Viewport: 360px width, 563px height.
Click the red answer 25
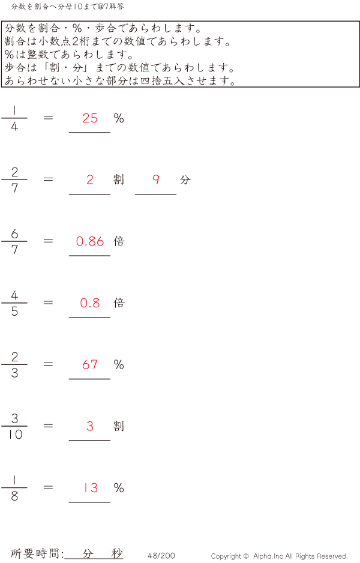pos(90,118)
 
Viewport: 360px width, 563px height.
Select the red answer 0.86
pos(90,241)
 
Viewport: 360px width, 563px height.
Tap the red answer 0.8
pos(90,303)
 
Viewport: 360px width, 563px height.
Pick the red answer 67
pos(90,364)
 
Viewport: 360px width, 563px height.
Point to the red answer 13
pos(91,487)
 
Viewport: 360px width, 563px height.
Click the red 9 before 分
pos(156,179)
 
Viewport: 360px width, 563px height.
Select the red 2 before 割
pos(90,179)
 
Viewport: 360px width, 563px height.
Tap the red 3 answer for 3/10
pos(90,426)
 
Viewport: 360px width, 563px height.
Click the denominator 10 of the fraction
pos(15,435)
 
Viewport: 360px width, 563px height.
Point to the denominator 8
pos(14,496)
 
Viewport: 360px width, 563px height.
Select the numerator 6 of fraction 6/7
pos(14,233)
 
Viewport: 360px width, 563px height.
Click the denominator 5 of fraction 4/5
pos(14,312)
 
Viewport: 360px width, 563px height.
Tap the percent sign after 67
pos(119,365)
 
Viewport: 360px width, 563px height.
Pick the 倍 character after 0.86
pos(119,241)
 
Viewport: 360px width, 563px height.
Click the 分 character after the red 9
pos(185,179)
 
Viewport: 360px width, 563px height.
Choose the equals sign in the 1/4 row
pos(48,118)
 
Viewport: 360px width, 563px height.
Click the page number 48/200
pos(161,555)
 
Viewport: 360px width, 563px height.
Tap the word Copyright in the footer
pos(226,556)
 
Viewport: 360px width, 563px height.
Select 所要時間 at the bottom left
pos(35,553)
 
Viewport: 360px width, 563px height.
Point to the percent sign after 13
pos(119,488)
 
